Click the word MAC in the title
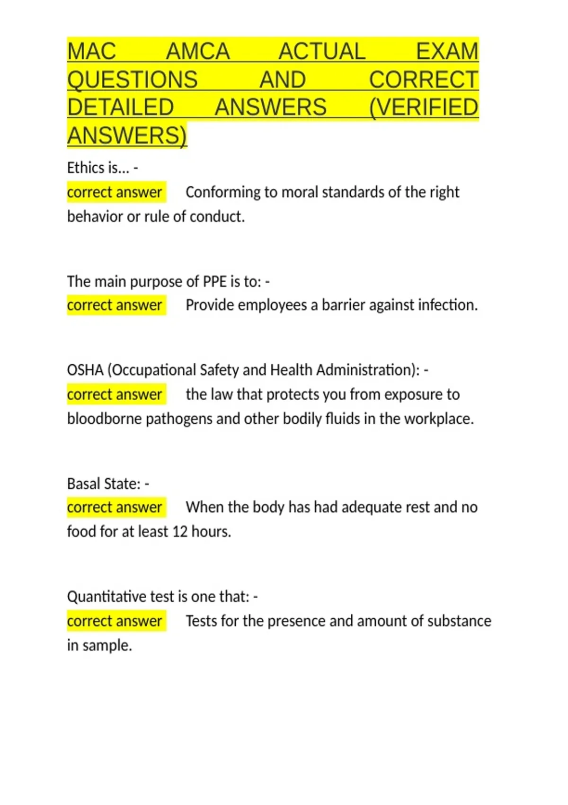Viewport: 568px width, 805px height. pos(91,51)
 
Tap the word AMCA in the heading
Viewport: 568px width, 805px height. pos(198,51)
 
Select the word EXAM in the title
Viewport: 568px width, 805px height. pos(447,51)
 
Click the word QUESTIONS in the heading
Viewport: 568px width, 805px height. pos(133,80)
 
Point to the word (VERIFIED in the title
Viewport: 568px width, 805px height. pos(424,107)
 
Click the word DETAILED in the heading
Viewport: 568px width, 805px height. pos(121,107)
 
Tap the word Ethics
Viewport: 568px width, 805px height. pos(86,168)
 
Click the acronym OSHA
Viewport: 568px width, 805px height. pos(85,370)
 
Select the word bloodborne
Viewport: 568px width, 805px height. pos(104,419)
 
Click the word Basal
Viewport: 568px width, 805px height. pos(83,483)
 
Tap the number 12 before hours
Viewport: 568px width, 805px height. pos(180,531)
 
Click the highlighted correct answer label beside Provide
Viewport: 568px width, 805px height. pos(115,305)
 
